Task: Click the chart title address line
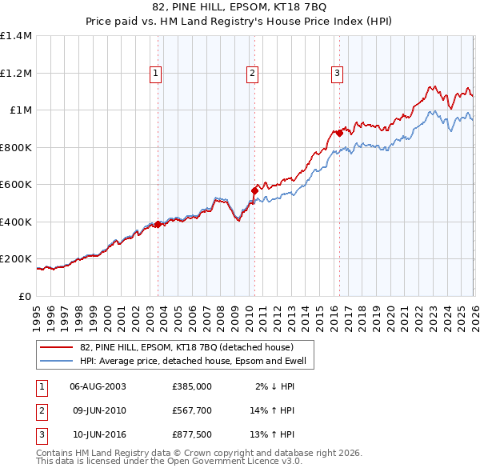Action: [x=239, y=8]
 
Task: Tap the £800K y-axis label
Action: [x=15, y=147]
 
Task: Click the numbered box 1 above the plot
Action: [x=155, y=74]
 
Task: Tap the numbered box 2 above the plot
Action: [x=252, y=74]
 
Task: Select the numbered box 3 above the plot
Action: [x=338, y=74]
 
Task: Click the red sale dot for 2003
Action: [x=158, y=225]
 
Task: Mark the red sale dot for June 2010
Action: [x=254, y=190]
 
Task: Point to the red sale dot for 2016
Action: [x=339, y=133]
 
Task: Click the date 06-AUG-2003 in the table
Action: [x=98, y=386]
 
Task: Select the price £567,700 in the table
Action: [x=192, y=410]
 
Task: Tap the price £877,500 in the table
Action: [x=192, y=435]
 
